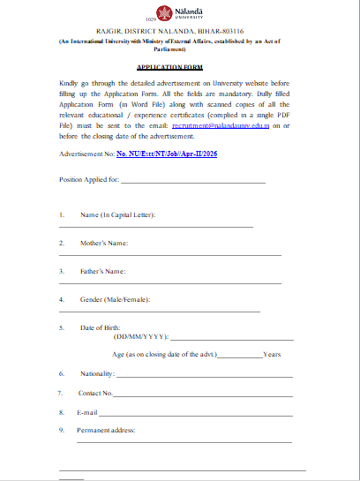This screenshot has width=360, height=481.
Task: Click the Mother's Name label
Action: [105, 243]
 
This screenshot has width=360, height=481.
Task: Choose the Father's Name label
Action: [103, 270]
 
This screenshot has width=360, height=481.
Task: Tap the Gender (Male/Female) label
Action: [115, 299]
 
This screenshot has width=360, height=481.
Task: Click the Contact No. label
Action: [95, 393]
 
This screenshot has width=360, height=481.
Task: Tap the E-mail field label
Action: [86, 412]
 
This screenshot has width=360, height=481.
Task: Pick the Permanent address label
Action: [105, 430]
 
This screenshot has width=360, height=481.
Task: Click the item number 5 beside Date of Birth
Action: [62, 327]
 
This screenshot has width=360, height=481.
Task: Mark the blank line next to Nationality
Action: [203, 376]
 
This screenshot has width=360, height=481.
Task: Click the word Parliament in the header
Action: [182, 49]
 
